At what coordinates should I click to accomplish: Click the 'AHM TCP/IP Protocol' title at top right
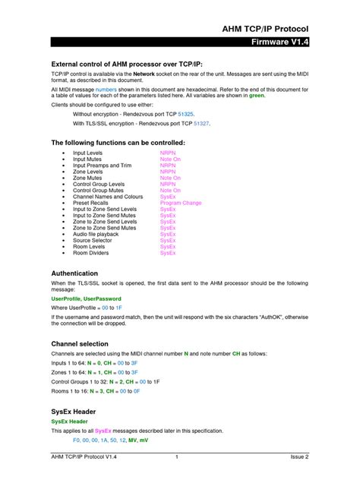265,28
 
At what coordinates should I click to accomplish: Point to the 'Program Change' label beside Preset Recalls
181,203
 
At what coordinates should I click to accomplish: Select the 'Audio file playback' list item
96,234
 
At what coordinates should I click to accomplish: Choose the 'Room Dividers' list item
90,253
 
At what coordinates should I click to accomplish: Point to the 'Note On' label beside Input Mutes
170,159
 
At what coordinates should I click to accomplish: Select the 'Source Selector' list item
92,240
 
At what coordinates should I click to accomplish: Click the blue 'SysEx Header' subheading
69,421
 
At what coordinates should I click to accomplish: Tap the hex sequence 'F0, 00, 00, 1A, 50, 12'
99,440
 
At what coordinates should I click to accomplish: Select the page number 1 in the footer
176,457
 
